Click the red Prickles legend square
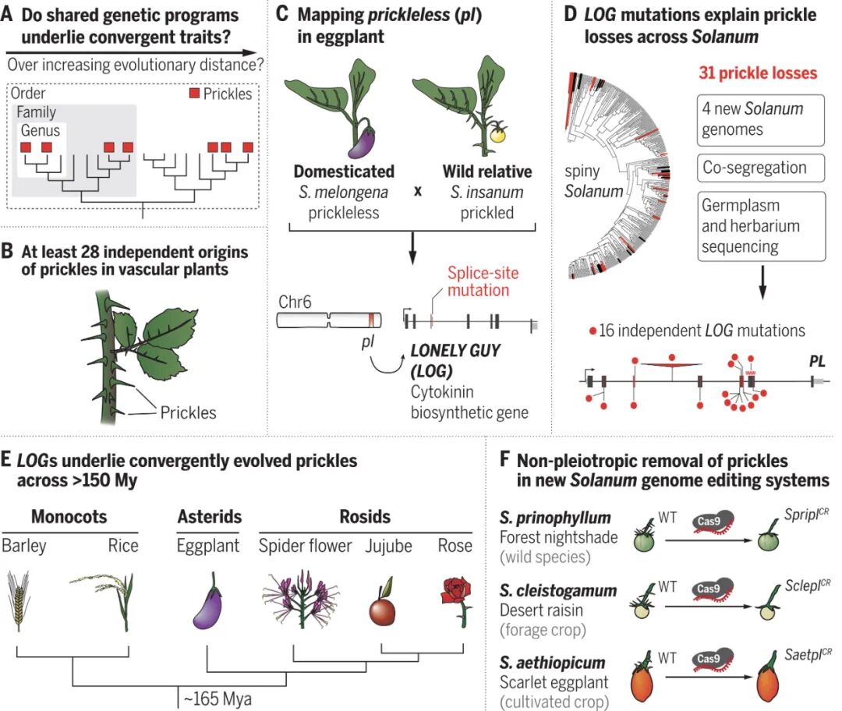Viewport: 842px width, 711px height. (196, 94)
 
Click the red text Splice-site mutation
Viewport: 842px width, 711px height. (483, 281)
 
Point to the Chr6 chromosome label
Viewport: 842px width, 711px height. (295, 300)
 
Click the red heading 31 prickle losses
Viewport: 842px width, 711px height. (755, 73)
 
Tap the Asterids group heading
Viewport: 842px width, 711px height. (209, 516)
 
